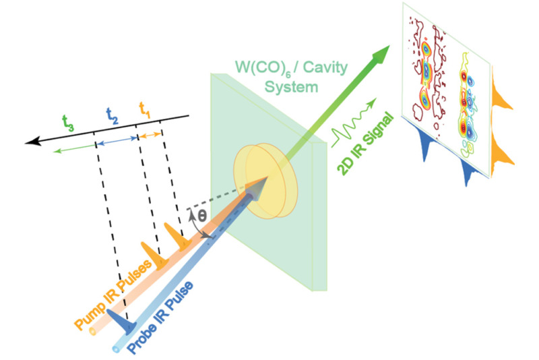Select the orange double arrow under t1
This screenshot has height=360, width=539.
[x=150, y=135]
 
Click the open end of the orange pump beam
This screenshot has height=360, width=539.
[x=92, y=332]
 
